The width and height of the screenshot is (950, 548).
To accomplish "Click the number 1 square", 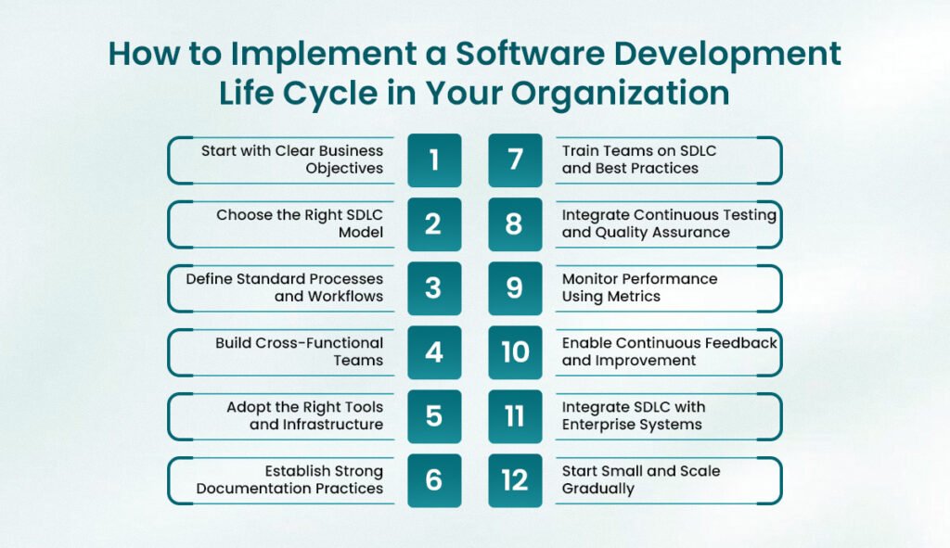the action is click(x=434, y=159).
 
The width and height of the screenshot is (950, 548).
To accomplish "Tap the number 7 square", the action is click(x=515, y=159).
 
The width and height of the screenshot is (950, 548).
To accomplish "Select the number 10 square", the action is click(x=515, y=352).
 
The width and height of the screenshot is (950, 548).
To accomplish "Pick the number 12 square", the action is click(x=515, y=481).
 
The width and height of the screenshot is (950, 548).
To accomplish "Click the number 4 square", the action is click(x=434, y=352).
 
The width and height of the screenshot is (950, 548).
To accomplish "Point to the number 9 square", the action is click(x=515, y=288).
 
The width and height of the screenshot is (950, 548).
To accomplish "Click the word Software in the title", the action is click(x=530, y=53).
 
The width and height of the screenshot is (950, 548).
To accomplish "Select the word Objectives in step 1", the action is click(x=344, y=169).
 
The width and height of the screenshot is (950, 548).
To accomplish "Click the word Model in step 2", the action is click(x=361, y=232).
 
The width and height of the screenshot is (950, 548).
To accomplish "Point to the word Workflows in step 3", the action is click(x=346, y=296).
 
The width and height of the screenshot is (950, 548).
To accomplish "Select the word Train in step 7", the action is click(x=580, y=151).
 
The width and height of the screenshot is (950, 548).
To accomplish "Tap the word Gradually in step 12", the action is click(x=598, y=489).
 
